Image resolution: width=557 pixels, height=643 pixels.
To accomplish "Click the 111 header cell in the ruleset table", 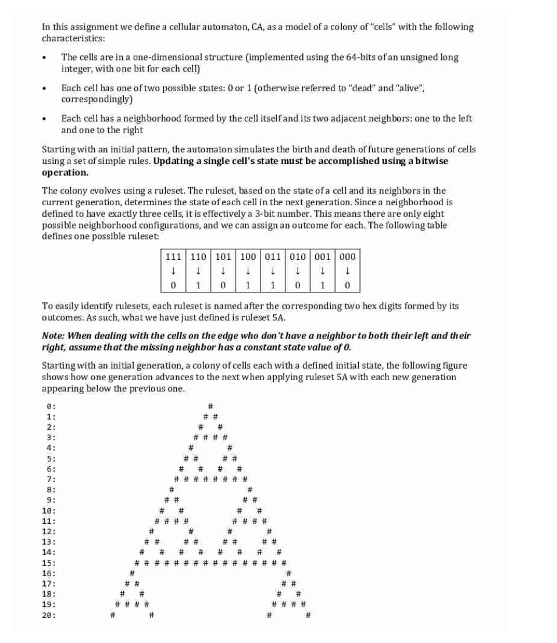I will click(173, 256).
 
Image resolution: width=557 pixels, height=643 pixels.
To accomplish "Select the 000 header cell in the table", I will click(347, 256).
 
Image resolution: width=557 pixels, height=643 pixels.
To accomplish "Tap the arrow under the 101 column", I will click(223, 271).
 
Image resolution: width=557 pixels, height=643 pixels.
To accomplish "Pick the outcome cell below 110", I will click(198, 285).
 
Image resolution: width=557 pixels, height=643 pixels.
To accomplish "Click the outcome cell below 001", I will click(322, 285).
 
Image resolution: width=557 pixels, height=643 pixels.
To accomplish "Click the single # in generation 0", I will click(210, 406).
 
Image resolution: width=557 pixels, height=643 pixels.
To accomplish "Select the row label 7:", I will click(51, 479).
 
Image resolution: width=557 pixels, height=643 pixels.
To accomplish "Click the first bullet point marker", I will click(44, 58).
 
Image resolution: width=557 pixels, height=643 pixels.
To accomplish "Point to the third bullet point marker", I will click(44, 119).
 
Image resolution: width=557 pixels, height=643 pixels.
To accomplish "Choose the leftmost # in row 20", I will click(113, 615).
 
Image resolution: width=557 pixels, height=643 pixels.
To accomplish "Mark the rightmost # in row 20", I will click(308, 615).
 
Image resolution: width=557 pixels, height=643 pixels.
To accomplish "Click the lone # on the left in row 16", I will click(132, 573).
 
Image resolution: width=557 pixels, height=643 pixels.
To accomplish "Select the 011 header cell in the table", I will click(273, 256).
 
